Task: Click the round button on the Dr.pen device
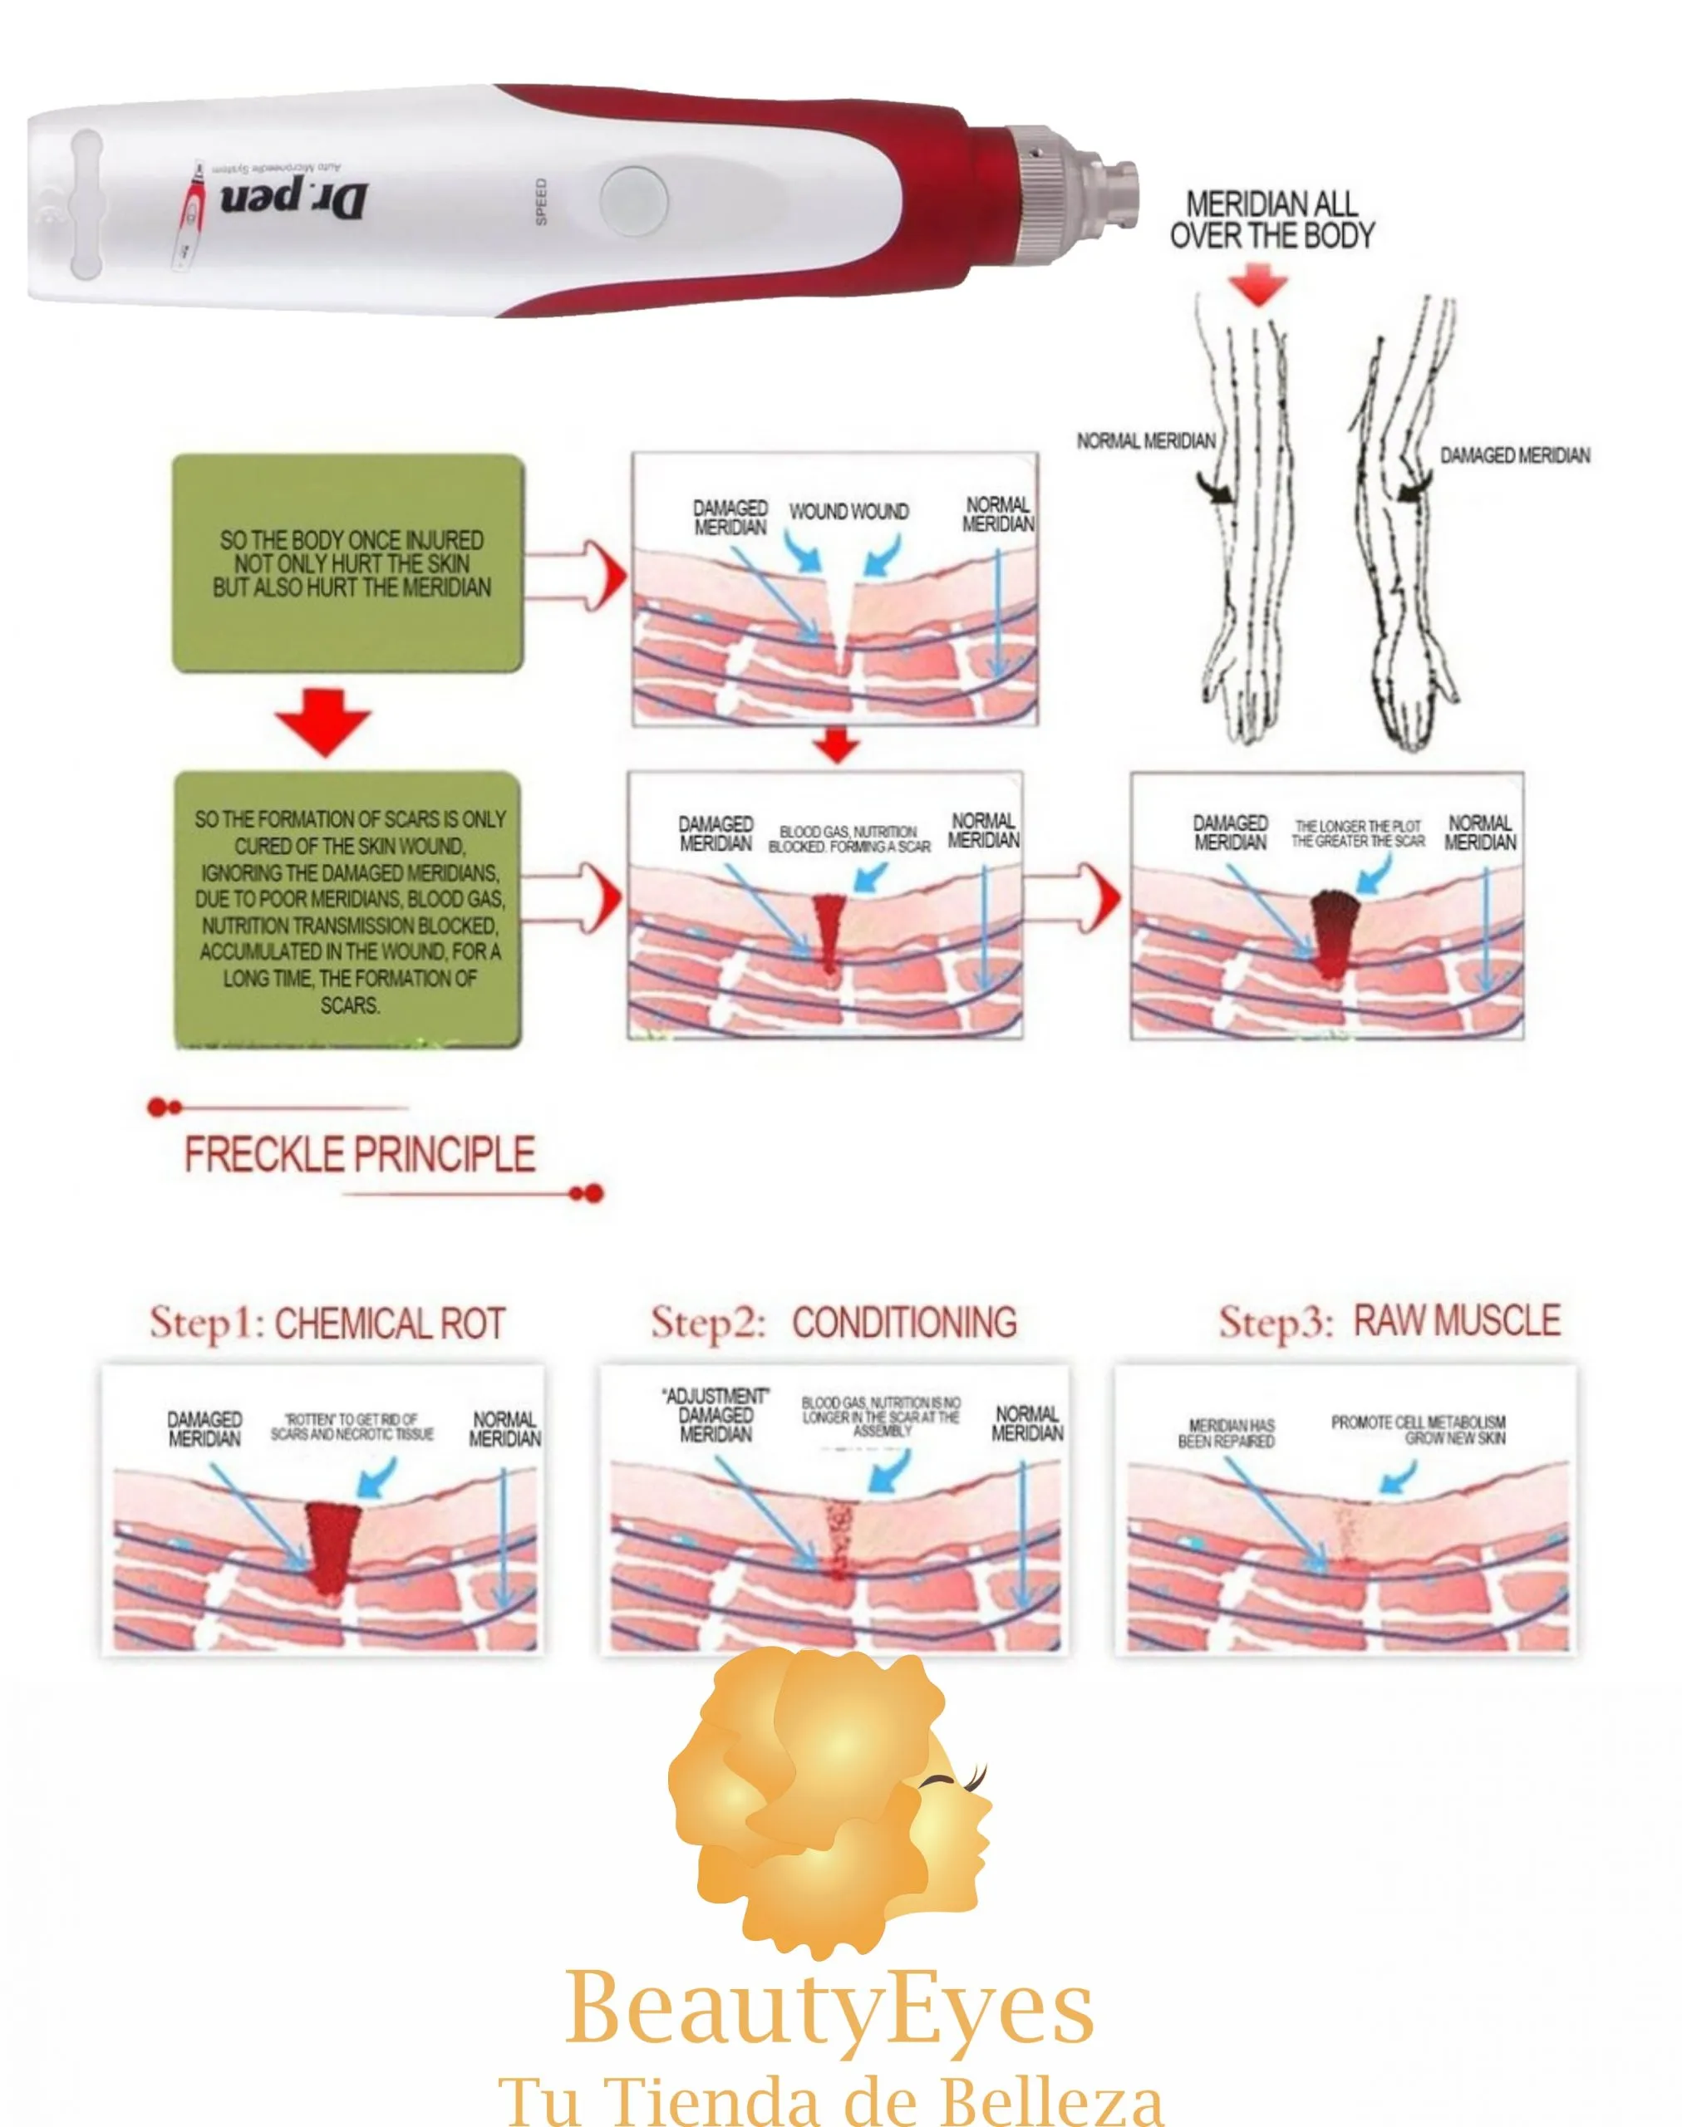click(632, 202)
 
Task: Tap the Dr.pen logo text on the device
click(293, 200)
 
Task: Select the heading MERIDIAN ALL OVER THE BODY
click(1271, 219)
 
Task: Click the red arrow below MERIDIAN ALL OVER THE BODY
click(1258, 286)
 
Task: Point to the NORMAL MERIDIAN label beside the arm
click(1145, 441)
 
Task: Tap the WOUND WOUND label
click(848, 512)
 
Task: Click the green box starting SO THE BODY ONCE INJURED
click(347, 563)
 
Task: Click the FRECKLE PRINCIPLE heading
click(360, 1154)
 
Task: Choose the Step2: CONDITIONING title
click(834, 1323)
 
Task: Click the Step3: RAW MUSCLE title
click(1389, 1320)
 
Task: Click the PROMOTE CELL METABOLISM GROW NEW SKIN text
click(1418, 1430)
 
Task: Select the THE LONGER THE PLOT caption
click(1358, 833)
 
